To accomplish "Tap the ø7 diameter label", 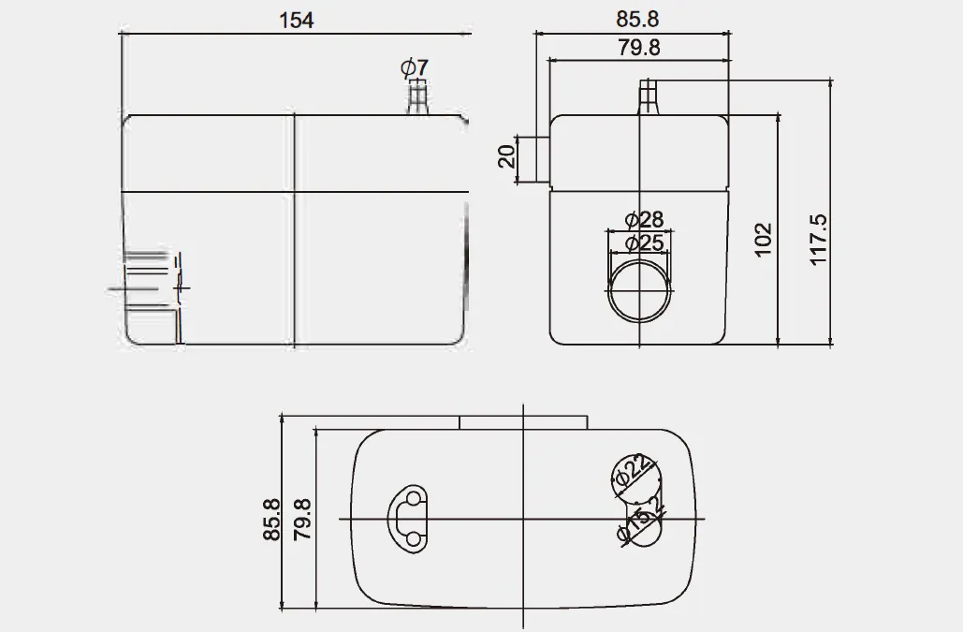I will tap(414, 67).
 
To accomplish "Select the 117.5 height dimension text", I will tap(820, 240).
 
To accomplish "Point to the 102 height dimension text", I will tap(764, 240).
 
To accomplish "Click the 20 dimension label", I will tap(506, 155).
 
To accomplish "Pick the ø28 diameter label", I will tap(642, 220).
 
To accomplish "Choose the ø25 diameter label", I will tap(642, 243).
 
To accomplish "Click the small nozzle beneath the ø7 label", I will tap(416, 97).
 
